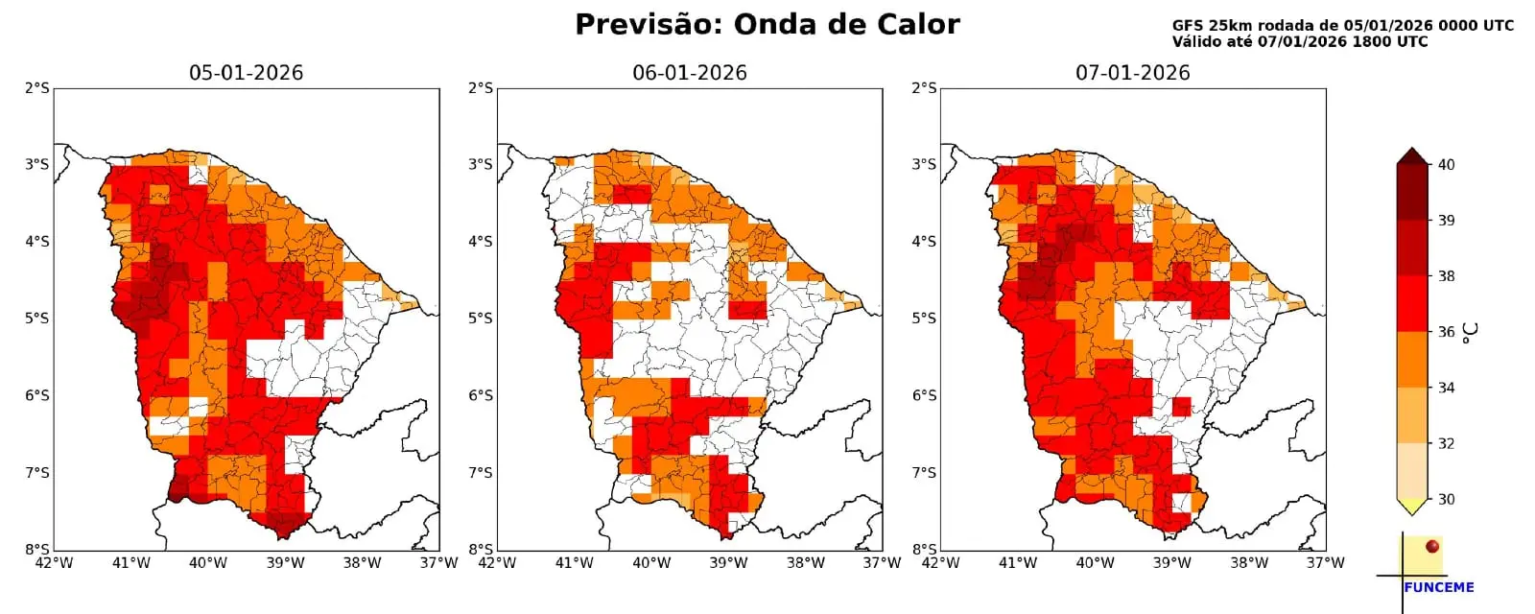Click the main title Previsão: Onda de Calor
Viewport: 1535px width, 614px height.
point(767,25)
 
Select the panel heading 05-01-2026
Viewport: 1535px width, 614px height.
point(246,73)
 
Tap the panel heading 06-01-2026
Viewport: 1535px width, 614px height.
point(689,73)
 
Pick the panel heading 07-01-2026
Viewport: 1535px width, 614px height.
point(1132,73)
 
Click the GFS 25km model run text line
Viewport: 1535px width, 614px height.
point(1342,26)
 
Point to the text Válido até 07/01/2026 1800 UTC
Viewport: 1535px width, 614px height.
point(1299,42)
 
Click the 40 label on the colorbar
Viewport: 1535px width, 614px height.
point(1446,165)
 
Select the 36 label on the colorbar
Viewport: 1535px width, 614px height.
point(1446,332)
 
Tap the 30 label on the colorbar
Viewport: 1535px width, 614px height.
point(1446,499)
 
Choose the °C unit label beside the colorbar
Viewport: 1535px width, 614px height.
point(1471,332)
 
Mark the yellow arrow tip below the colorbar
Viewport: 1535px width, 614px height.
point(1411,506)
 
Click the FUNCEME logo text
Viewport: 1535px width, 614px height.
point(1438,587)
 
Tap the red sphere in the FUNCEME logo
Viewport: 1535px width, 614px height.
point(1432,546)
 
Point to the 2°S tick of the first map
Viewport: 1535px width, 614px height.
point(36,88)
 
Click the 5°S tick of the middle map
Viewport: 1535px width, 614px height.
point(480,319)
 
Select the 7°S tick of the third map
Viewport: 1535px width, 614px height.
point(923,473)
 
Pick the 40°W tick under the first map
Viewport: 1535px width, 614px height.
point(207,563)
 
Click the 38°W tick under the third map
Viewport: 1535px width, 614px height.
point(1248,563)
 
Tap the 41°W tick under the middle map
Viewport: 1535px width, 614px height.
point(574,563)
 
